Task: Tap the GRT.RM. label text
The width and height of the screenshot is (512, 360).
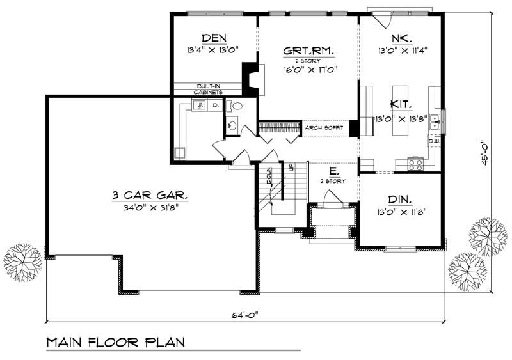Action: pyautogui.click(x=310, y=49)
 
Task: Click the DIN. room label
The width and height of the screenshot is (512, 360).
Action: pyautogui.click(x=399, y=199)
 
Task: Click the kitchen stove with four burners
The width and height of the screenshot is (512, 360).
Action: pyautogui.click(x=415, y=164)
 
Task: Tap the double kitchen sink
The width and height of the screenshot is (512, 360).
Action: pyautogui.click(x=435, y=119)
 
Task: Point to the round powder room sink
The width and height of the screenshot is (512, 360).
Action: pyautogui.click(x=231, y=126)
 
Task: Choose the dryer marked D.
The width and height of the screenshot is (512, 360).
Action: pyautogui.click(x=215, y=104)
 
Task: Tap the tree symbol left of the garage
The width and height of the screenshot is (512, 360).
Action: pyautogui.click(x=22, y=261)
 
